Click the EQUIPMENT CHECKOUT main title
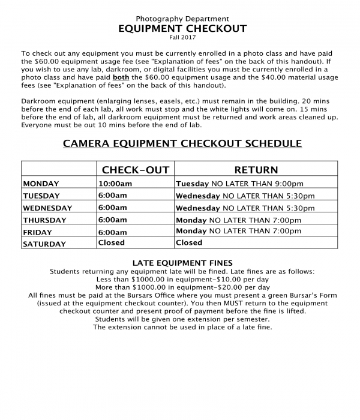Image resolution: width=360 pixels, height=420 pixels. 182,28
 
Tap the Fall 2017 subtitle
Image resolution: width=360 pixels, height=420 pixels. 182,38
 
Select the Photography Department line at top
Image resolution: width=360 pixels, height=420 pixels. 182,18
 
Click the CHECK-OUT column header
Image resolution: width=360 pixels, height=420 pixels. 135,170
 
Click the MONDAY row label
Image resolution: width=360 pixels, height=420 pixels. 41,184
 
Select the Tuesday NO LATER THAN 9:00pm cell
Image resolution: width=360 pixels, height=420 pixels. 239,184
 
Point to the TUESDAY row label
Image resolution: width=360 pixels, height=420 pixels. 41,196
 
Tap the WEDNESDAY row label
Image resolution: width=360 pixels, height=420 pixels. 47,208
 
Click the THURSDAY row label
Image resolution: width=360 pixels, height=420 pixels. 44,220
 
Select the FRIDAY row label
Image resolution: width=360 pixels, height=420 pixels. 37,232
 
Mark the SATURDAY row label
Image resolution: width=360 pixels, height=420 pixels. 44,244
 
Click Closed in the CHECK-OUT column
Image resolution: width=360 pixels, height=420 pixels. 112,243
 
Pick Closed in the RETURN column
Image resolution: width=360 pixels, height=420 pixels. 189,243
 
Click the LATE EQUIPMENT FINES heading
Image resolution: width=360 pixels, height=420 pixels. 182,263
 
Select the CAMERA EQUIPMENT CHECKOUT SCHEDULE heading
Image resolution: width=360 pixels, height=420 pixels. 182,143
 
